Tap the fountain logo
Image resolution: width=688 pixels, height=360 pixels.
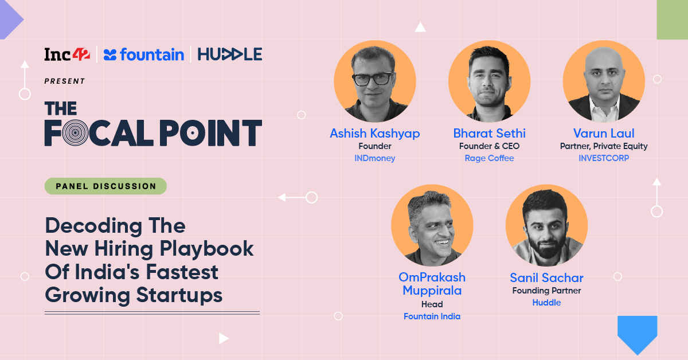[x=144, y=54]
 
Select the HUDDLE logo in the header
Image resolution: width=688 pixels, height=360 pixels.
[x=229, y=54]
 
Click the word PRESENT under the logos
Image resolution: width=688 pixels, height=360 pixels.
[x=65, y=81]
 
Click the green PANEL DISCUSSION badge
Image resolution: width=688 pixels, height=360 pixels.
[x=105, y=186]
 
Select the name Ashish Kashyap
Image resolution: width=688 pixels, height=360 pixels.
[x=374, y=134]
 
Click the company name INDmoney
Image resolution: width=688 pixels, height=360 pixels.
[x=374, y=158]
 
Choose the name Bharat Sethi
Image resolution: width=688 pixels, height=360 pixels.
[x=489, y=134]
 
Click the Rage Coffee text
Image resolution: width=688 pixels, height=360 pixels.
[x=489, y=158]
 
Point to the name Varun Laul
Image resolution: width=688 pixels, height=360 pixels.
[x=604, y=134]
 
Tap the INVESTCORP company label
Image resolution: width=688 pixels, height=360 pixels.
[x=604, y=158]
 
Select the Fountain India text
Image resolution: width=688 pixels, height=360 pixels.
[x=432, y=316]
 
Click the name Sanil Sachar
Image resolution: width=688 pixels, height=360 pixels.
[x=546, y=278]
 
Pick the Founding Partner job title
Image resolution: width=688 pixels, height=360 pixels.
[x=546, y=291]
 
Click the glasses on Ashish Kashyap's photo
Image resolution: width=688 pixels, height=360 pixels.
[x=373, y=79]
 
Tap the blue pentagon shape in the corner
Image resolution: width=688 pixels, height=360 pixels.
[x=637, y=334]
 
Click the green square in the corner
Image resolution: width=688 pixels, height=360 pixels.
[x=672, y=19]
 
